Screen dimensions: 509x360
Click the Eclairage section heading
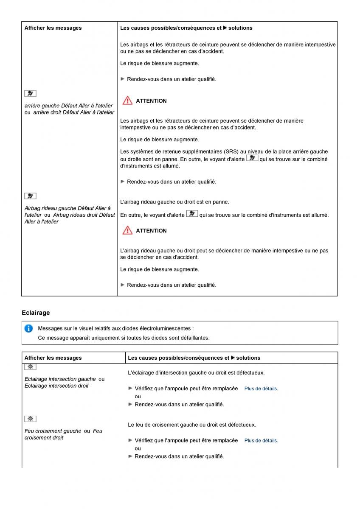(x=36, y=313)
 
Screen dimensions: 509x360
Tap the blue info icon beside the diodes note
(x=28, y=328)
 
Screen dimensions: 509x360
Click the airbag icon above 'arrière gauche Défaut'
(x=30, y=93)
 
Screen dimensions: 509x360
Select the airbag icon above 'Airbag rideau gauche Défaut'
(x=30, y=196)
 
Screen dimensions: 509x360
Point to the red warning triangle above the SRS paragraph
(x=127, y=101)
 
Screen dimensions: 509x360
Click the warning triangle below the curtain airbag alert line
(x=127, y=230)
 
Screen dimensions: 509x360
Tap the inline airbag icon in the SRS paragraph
(x=252, y=158)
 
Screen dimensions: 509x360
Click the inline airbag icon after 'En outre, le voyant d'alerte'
(x=192, y=214)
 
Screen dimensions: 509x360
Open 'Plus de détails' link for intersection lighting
(x=261, y=389)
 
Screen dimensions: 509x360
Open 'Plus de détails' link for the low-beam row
(x=261, y=441)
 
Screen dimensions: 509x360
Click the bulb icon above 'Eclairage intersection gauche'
(x=30, y=367)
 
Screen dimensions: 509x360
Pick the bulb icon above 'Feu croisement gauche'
(x=30, y=419)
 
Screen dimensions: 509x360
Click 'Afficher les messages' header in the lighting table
(x=53, y=358)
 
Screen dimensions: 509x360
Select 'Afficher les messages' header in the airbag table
(x=53, y=28)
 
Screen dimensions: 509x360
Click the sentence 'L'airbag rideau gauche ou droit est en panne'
(x=174, y=202)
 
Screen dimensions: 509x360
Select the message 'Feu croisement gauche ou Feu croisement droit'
(x=63, y=434)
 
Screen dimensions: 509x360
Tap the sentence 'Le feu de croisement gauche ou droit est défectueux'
(x=192, y=425)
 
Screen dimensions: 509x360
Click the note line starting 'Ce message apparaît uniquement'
(x=124, y=338)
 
